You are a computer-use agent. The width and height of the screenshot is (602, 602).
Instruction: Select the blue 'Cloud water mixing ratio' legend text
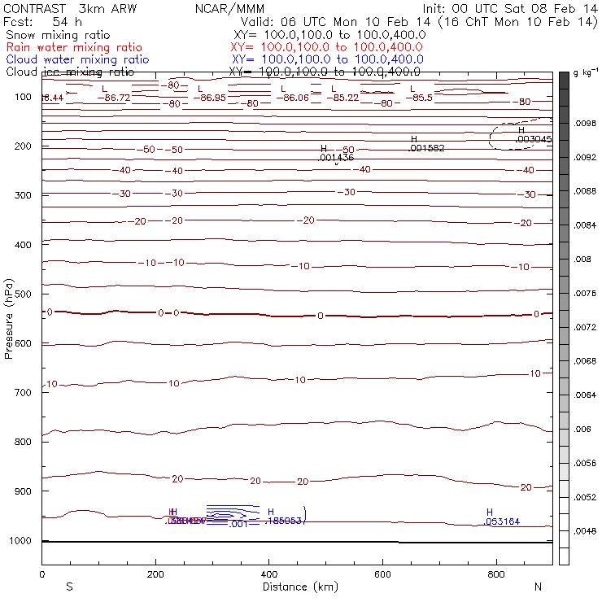(x=77, y=59)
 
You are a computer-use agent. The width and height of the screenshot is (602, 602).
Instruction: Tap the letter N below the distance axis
(x=538, y=587)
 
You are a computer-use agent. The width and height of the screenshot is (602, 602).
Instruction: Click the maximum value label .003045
(x=534, y=139)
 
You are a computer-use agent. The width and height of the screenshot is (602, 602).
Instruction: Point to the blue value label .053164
(x=502, y=521)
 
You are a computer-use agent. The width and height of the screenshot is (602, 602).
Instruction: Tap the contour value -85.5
(x=422, y=98)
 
